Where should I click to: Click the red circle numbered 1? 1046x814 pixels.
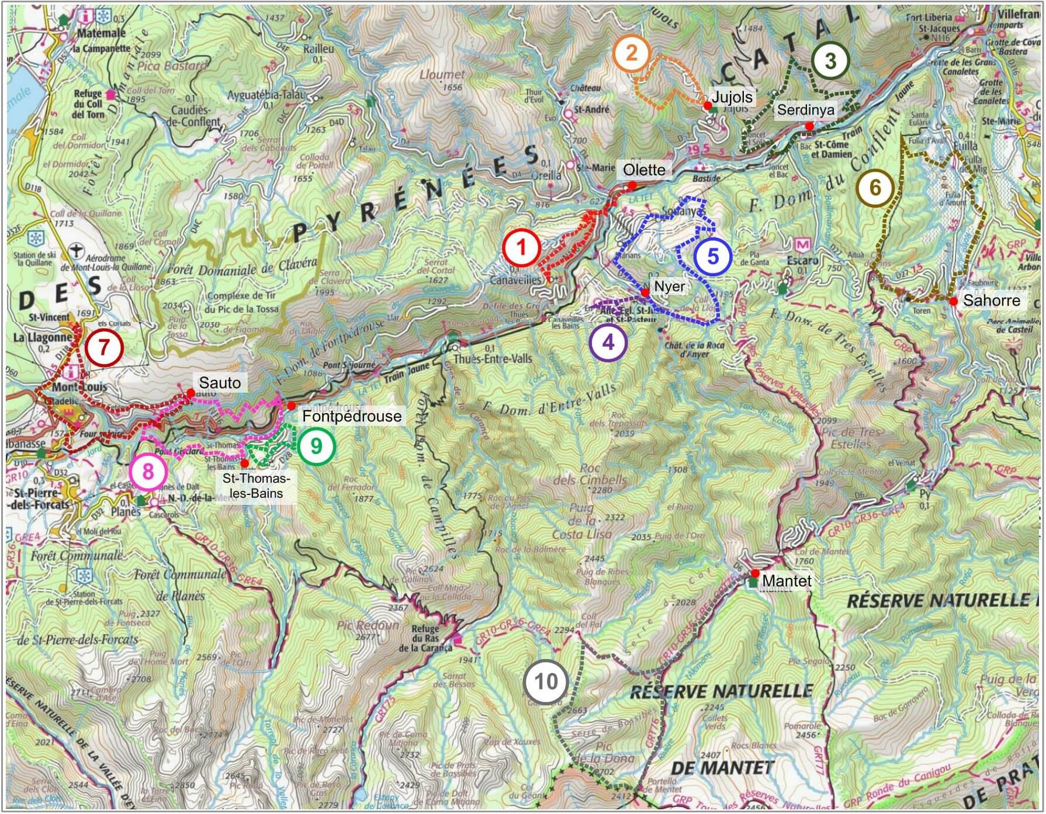[522, 248]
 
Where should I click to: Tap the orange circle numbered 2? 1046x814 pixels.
[631, 54]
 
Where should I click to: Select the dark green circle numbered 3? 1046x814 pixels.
[830, 61]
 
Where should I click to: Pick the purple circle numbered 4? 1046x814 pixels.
[608, 342]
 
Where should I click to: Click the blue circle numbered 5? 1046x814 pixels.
[712, 257]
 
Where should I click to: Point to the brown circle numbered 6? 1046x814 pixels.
[875, 188]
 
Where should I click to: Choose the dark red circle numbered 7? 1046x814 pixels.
[104, 348]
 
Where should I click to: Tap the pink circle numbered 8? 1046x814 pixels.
[148, 471]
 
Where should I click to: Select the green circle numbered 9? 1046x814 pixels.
[316, 446]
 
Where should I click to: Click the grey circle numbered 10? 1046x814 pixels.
[546, 682]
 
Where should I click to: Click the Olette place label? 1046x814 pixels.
[644, 170]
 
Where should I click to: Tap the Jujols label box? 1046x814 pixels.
[732, 97]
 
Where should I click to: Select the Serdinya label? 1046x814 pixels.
[805, 110]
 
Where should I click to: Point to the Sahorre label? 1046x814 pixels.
[991, 300]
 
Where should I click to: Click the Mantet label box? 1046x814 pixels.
[787, 581]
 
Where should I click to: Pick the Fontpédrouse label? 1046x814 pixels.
[352, 416]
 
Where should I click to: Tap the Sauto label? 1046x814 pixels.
[220, 383]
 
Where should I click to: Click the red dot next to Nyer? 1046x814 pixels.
[645, 293]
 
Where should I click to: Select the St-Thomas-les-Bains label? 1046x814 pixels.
[255, 486]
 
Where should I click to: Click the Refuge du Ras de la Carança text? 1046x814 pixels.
[425, 638]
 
